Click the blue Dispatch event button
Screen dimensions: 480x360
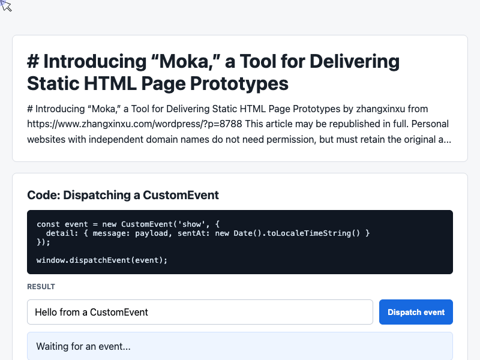(416, 312)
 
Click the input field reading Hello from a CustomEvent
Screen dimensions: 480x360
(200, 312)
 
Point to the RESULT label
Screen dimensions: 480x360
(41, 287)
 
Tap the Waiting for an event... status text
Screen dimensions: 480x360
(83, 346)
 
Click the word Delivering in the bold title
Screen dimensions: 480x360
(355, 61)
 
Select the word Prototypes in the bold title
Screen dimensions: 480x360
(239, 83)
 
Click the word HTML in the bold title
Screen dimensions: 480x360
(110, 83)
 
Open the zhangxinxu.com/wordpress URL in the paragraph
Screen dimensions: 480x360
(134, 124)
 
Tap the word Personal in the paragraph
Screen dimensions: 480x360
(430, 124)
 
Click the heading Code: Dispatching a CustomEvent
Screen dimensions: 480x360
(123, 195)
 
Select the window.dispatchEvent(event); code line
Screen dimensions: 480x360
(102, 260)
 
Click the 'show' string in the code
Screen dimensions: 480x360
(191, 224)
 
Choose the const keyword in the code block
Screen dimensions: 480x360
(48, 224)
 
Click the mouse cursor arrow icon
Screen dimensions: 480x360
(6, 6)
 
